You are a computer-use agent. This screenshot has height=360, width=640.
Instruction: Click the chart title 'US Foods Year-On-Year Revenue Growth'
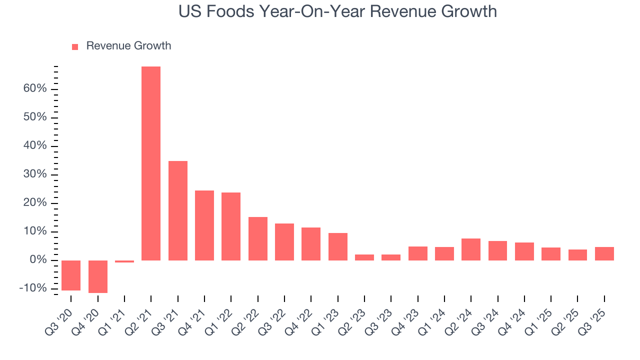[337, 11]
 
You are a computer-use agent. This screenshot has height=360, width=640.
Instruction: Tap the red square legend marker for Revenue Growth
[75, 46]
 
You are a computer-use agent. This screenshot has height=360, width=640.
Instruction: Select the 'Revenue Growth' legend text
[128, 46]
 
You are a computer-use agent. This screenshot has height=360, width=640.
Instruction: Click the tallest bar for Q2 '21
[151, 163]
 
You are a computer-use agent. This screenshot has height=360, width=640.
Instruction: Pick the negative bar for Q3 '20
[71, 275]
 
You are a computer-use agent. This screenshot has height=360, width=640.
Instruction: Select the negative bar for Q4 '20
[98, 276]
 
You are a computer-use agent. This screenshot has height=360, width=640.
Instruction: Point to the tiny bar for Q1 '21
[124, 261]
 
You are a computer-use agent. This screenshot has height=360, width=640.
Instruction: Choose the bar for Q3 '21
[178, 210]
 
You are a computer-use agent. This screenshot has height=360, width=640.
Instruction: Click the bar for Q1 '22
[231, 226]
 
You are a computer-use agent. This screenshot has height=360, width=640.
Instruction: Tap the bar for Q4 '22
[311, 244]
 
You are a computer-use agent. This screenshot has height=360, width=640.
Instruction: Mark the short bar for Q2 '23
[364, 257]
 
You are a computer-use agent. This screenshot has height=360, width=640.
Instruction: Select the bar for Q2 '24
[471, 249]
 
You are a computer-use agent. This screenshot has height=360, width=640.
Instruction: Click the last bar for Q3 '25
[604, 253]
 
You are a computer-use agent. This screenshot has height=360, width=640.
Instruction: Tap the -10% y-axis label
[33, 289]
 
